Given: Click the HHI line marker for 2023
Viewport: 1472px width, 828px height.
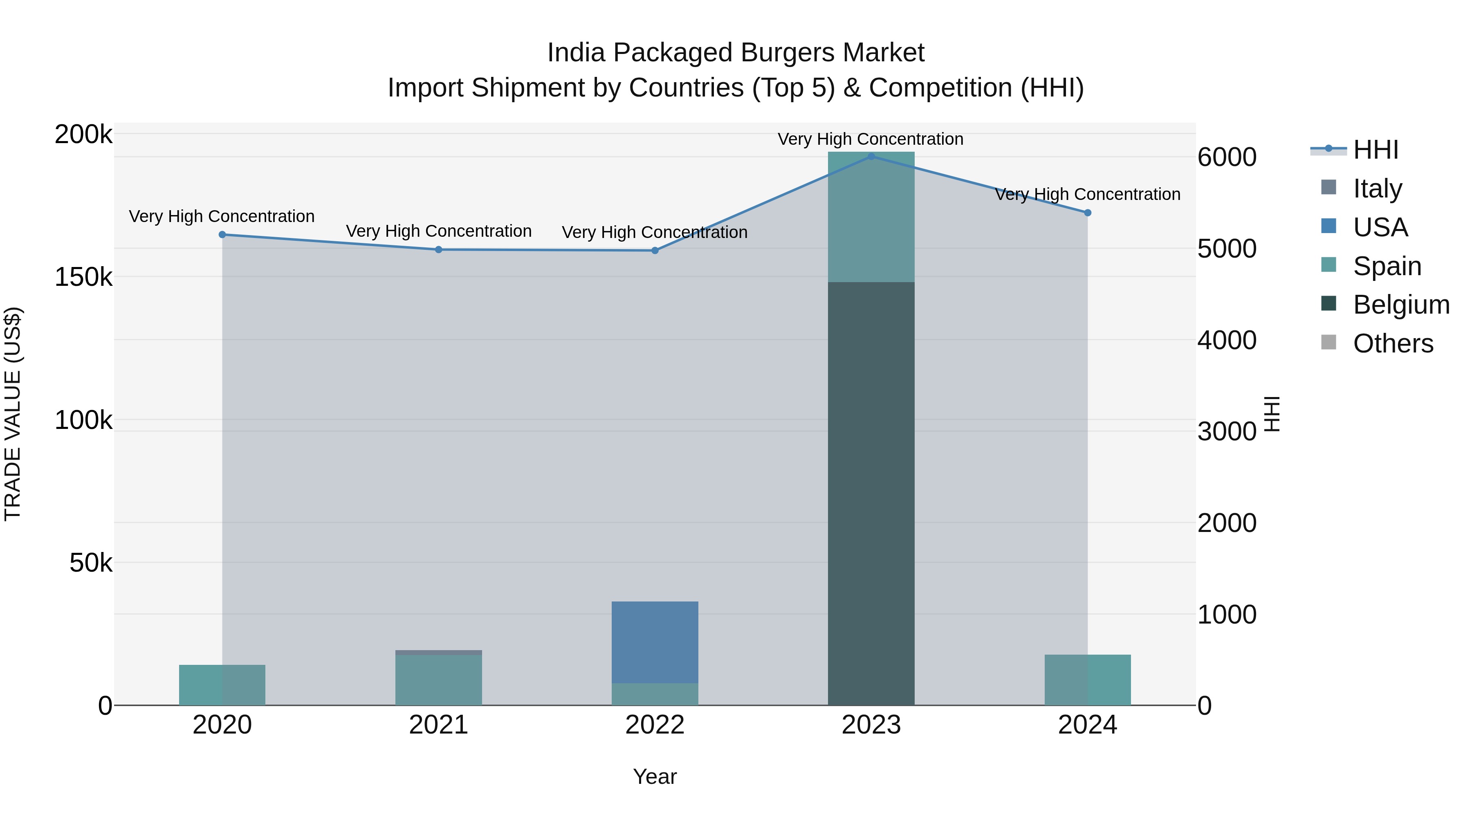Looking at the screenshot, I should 871,156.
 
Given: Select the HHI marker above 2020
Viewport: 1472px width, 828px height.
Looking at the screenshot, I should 222,234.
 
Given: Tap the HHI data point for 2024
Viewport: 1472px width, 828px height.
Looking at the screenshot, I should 1087,213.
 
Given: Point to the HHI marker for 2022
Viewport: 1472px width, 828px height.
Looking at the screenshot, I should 655,250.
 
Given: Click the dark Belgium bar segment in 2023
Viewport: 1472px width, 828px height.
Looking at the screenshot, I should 871,491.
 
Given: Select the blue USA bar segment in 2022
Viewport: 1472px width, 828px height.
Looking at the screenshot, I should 655,641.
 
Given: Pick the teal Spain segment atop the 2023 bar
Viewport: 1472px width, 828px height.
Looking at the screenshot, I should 871,217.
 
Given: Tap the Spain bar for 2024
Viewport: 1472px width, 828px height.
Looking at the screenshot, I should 1087,680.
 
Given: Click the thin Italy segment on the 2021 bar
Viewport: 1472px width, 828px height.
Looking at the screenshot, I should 438,653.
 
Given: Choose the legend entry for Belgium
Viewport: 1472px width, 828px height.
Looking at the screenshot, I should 1400,305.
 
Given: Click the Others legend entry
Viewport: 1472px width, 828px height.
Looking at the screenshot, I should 1393,343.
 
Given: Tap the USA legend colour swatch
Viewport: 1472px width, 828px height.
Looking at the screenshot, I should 1328,226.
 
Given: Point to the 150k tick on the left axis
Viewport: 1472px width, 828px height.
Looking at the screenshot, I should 83,277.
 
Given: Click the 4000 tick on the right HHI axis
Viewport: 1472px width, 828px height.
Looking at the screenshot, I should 1227,340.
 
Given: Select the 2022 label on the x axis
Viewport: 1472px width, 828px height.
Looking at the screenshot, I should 655,725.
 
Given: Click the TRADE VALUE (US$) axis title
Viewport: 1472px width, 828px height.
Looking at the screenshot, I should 13,414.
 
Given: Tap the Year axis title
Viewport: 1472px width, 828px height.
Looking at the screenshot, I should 655,776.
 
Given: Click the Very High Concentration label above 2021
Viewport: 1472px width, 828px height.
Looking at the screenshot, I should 438,231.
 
